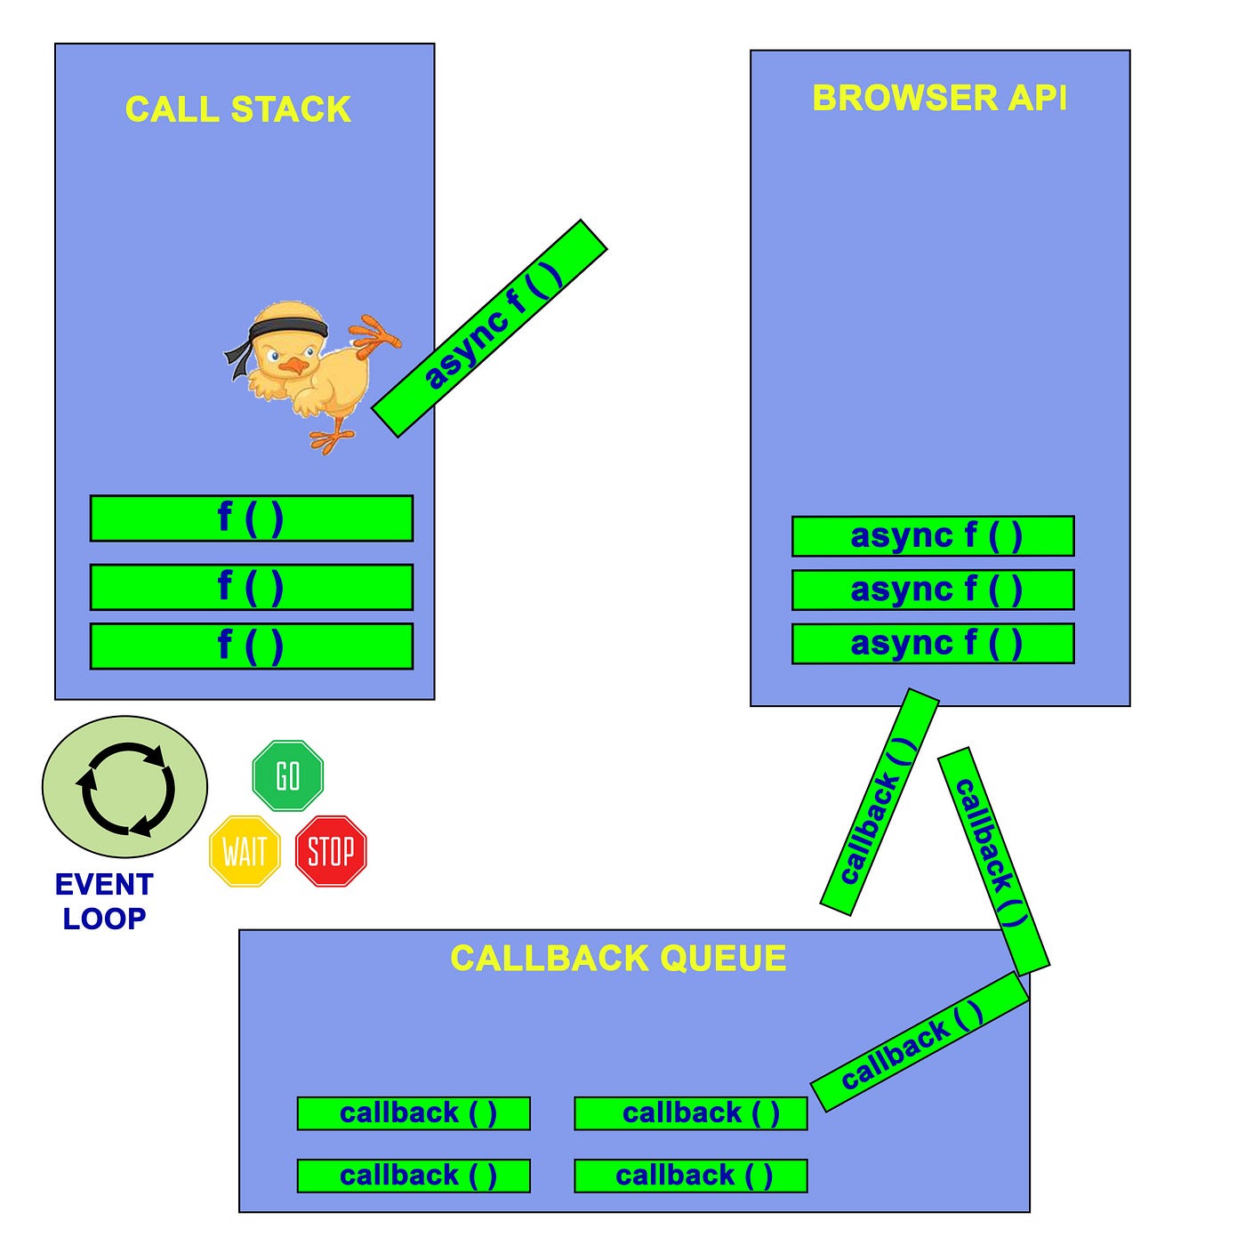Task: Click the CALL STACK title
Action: tap(238, 109)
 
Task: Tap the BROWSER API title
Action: tap(939, 98)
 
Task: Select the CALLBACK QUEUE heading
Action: tap(618, 959)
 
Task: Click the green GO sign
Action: tap(288, 775)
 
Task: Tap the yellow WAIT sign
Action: tap(245, 852)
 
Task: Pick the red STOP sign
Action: tap(331, 852)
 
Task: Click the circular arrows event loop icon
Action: tap(125, 788)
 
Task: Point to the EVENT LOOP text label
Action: tap(104, 901)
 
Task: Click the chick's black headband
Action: tap(286, 329)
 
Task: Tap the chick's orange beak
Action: tap(291, 365)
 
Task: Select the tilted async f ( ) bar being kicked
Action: tap(490, 328)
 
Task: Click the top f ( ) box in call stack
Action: tap(252, 518)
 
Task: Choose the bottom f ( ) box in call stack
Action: tap(252, 647)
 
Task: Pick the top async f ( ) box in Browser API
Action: tap(933, 536)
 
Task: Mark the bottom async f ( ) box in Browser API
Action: tap(933, 644)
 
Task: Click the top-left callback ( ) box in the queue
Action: tap(414, 1113)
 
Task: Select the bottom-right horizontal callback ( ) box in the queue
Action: tap(691, 1176)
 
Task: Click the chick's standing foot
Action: tap(329, 439)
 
